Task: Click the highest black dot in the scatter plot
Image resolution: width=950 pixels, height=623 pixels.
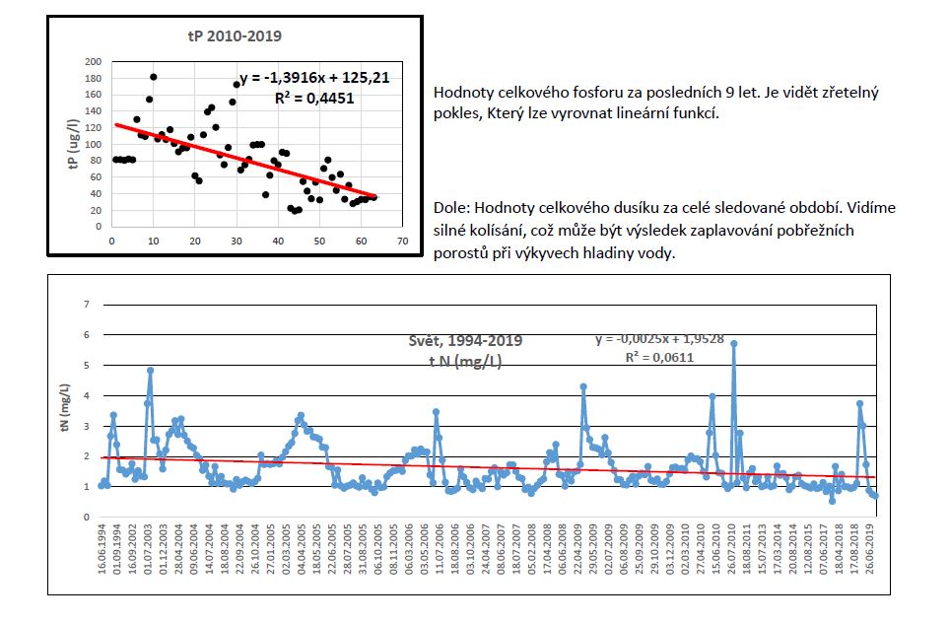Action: coord(154,77)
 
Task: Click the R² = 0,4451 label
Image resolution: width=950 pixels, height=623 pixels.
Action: coord(314,98)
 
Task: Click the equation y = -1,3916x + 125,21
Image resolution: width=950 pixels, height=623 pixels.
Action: coord(307,78)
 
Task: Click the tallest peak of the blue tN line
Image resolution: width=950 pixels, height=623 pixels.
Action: coord(734,343)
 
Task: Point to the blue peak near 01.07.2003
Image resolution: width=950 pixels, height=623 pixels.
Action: coord(150,371)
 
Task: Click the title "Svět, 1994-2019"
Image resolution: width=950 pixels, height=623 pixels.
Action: coord(465,341)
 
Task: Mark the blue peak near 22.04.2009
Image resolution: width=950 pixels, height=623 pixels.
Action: coord(583,386)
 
